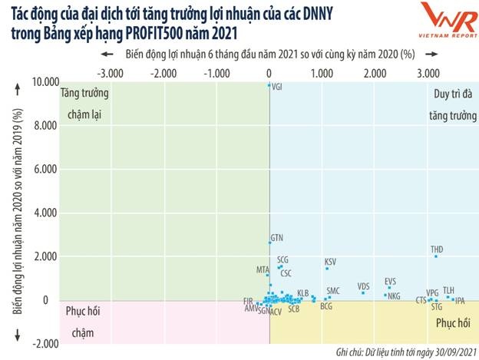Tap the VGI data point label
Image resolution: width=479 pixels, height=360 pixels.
click(x=278, y=88)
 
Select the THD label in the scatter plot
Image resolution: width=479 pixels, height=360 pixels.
click(x=437, y=249)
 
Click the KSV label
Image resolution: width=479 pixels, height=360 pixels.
click(x=330, y=263)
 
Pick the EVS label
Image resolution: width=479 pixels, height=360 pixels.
click(x=391, y=282)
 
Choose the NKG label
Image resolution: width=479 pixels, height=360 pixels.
click(x=394, y=296)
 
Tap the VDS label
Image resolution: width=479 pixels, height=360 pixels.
click(x=363, y=286)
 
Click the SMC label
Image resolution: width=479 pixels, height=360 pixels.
click(x=332, y=291)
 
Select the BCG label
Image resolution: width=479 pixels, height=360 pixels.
click(x=326, y=306)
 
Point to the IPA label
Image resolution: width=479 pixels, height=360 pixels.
click(x=460, y=301)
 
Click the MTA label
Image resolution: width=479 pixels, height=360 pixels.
click(x=263, y=270)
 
